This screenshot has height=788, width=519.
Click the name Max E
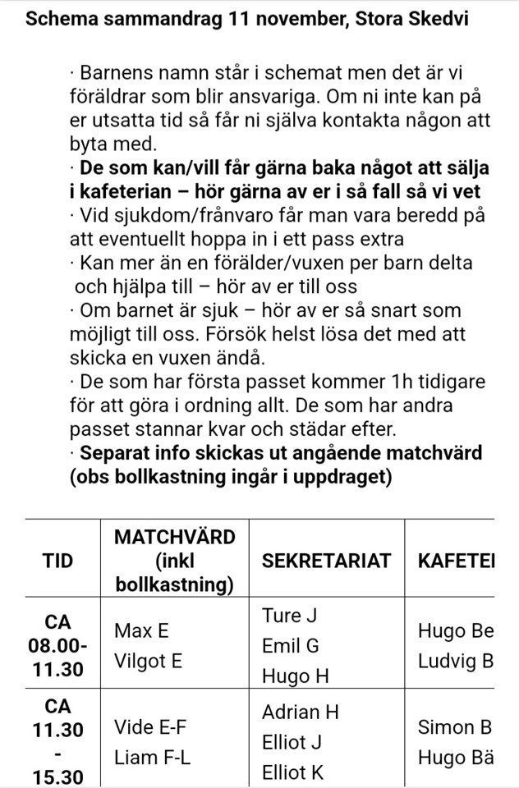(x=141, y=630)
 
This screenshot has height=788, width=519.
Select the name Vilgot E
(x=148, y=660)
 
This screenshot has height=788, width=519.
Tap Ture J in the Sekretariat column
(x=289, y=616)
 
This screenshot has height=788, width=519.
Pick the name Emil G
(x=290, y=646)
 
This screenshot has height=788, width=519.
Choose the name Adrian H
(x=300, y=712)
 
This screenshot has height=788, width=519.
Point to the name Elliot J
(x=292, y=742)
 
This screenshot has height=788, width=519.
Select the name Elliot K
(x=293, y=772)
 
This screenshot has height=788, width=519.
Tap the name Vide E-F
(x=152, y=727)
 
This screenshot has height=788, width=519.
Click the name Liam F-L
(x=152, y=758)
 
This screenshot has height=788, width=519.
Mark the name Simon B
(x=455, y=727)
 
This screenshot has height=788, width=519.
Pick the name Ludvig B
(x=456, y=660)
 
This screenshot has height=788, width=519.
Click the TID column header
(x=57, y=561)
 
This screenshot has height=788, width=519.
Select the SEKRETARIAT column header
(x=326, y=561)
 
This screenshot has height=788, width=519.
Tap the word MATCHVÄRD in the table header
(x=174, y=537)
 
